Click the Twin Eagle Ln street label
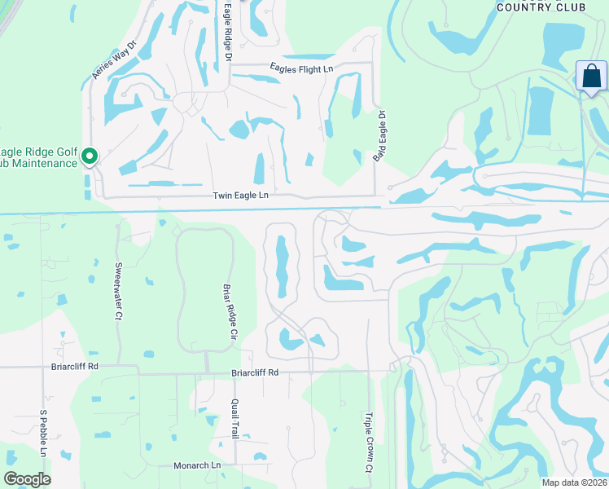point(240,196)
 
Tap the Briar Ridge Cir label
point(229,311)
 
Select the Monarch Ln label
point(197,465)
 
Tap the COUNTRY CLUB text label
point(541,7)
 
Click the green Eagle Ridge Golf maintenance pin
point(90,155)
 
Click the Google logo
point(28,479)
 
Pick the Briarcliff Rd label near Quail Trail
point(255,372)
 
